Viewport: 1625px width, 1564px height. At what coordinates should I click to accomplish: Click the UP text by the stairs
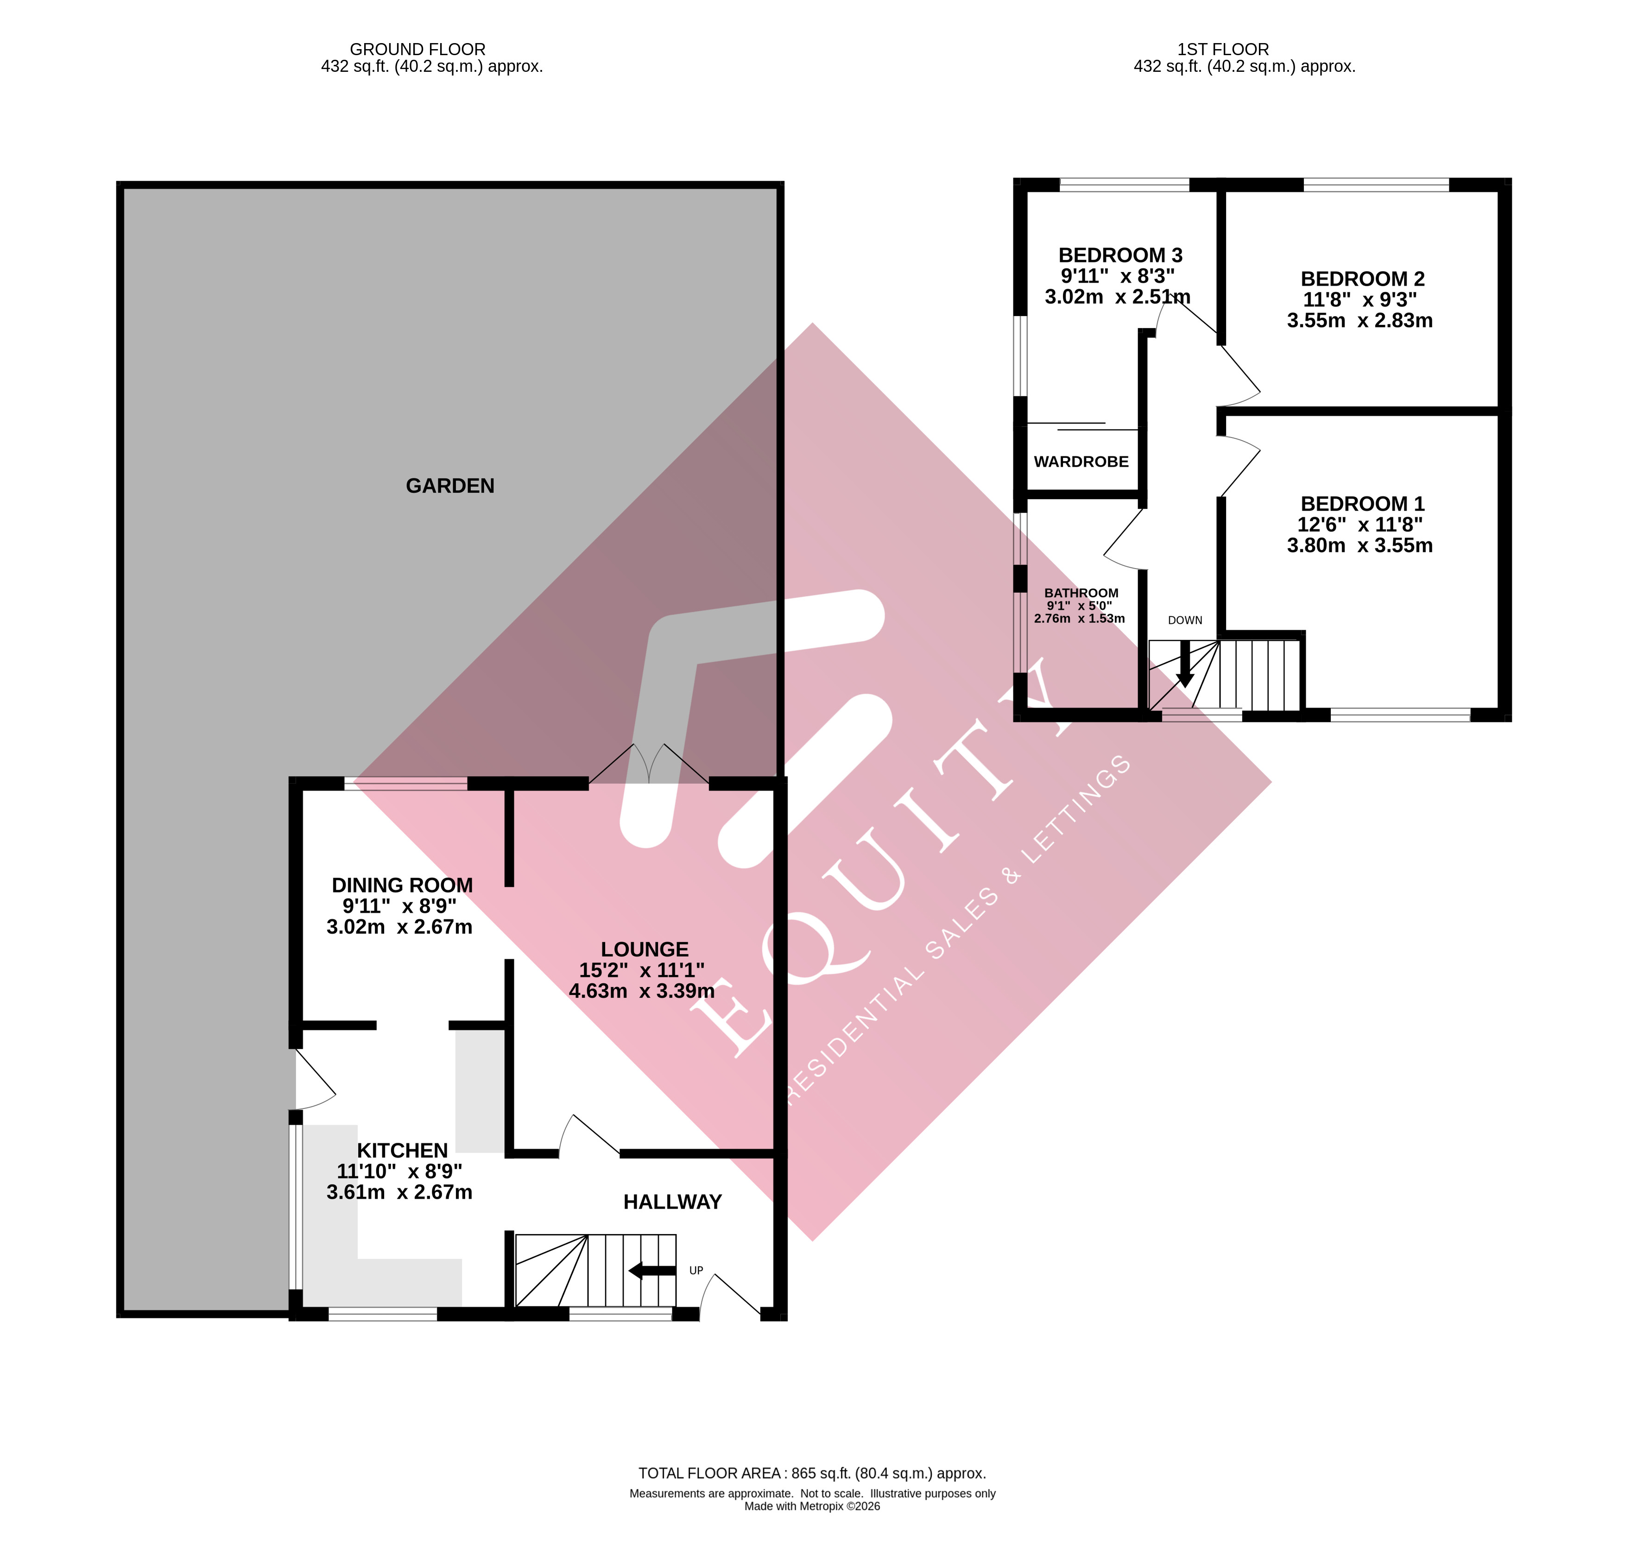pyautogui.click(x=696, y=1271)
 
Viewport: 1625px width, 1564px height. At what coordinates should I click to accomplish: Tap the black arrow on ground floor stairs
pyautogui.click(x=651, y=1271)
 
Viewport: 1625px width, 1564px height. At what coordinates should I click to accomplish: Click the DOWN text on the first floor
pyautogui.click(x=1185, y=621)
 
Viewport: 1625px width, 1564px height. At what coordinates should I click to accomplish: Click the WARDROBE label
pyautogui.click(x=1081, y=462)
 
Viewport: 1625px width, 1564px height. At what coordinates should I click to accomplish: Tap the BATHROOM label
pyautogui.click(x=1081, y=593)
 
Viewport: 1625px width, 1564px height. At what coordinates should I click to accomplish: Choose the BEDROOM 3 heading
pyautogui.click(x=1120, y=255)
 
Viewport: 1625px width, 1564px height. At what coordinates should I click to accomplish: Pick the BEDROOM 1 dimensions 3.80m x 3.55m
pyautogui.click(x=1359, y=545)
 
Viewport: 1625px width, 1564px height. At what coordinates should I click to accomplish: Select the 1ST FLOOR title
pyautogui.click(x=1223, y=50)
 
